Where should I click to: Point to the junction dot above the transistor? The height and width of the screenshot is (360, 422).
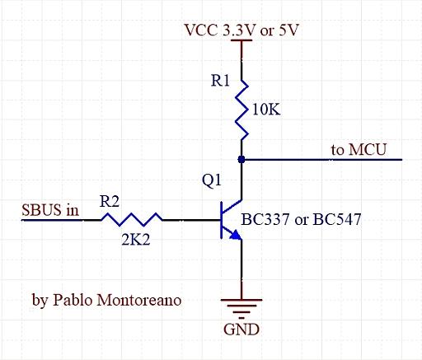click(x=241, y=158)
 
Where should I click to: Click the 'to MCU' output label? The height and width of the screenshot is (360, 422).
click(x=359, y=149)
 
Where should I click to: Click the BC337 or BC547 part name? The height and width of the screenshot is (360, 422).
click(x=301, y=220)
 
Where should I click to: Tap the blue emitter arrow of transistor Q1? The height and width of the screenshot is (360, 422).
click(x=236, y=235)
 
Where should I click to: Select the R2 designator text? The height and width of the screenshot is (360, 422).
click(x=108, y=200)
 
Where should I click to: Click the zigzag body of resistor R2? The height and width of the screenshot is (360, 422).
click(x=132, y=220)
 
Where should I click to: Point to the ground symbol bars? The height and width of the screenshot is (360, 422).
click(x=241, y=306)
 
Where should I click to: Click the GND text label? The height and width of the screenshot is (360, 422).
click(x=241, y=330)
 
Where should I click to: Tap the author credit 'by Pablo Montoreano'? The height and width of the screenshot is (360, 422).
click(x=107, y=300)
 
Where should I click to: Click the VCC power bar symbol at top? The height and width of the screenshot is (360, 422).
click(x=241, y=42)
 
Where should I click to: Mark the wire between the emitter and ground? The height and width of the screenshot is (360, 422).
click(x=241, y=268)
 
